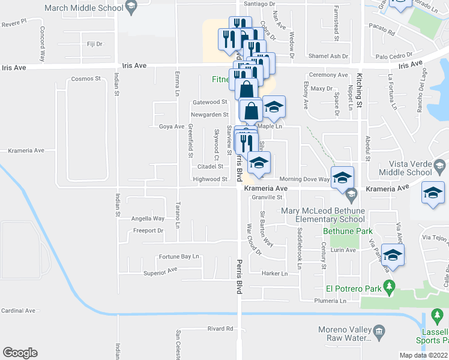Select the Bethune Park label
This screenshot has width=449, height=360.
coord(348,231)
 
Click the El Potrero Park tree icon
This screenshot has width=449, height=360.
coord(388,289)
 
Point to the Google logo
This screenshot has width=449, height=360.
coord(20,353)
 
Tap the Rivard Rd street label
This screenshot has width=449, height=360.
coord(220,328)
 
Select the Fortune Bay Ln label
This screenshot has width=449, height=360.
coord(178,256)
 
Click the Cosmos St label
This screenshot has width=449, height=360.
coord(86,79)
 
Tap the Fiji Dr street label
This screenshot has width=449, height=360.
coord(95,44)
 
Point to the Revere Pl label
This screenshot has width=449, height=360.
coord(15,21)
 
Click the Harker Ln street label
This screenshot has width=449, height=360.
coord(275,274)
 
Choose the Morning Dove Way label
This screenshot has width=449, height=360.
coord(304,179)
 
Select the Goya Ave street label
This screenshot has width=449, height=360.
coord(172,127)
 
